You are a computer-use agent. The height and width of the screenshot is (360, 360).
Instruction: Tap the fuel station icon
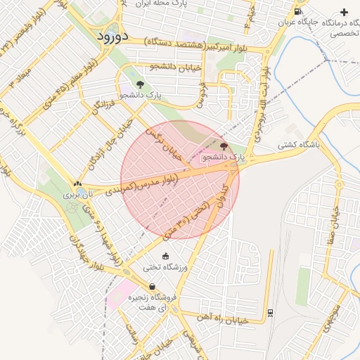[298, 11]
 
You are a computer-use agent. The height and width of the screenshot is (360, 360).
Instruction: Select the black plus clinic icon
[344, 12]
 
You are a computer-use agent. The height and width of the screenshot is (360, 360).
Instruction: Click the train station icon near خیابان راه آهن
[270, 312]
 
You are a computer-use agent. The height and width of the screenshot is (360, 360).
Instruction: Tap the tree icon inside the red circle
[224, 146]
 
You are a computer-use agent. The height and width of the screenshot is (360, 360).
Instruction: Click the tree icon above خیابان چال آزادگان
[141, 84]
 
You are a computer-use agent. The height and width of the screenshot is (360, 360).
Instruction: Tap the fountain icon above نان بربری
[77, 184]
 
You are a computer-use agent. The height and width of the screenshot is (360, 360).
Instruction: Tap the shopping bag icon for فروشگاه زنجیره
[152, 286]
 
